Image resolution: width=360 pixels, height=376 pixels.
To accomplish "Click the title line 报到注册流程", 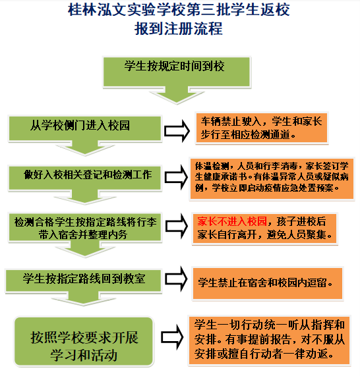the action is (x=179, y=29).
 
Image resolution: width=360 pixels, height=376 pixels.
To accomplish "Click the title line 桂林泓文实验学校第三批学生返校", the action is (x=179, y=10).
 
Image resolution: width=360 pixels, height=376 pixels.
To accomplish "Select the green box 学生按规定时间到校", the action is (x=177, y=72).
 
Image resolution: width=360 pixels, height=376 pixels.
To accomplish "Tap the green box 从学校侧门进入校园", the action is (x=85, y=128).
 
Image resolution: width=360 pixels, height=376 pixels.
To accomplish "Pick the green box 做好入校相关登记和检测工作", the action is (x=85, y=178).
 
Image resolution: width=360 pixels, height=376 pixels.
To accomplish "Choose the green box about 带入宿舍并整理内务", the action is (x=85, y=227).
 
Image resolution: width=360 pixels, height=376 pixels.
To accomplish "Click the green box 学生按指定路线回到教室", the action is (x=84, y=281).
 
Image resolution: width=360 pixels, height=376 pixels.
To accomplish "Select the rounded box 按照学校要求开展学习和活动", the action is (x=84, y=341).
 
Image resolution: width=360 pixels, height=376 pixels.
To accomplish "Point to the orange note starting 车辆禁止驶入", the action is (x=262, y=128).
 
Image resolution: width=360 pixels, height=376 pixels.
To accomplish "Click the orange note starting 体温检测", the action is (x=272, y=178).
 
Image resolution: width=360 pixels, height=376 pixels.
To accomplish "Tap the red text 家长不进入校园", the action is (x=232, y=221).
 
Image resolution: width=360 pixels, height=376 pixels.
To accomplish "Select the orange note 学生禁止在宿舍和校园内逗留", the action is (x=268, y=283).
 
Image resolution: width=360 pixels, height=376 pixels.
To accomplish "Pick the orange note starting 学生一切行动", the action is (x=269, y=340).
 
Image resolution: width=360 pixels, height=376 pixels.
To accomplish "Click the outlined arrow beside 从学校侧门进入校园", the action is (x=177, y=131).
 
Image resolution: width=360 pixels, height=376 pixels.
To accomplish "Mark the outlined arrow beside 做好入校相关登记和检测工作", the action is (x=176, y=177).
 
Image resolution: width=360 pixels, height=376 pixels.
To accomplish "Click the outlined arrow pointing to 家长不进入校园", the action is (x=177, y=226).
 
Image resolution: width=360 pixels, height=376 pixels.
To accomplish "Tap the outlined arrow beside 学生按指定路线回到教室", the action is (x=176, y=279).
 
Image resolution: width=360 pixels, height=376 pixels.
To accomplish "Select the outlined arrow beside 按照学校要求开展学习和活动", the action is (x=172, y=337).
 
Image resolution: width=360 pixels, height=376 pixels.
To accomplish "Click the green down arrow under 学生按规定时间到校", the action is (x=177, y=95).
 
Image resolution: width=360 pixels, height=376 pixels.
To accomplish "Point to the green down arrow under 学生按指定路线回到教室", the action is (x=84, y=299).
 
